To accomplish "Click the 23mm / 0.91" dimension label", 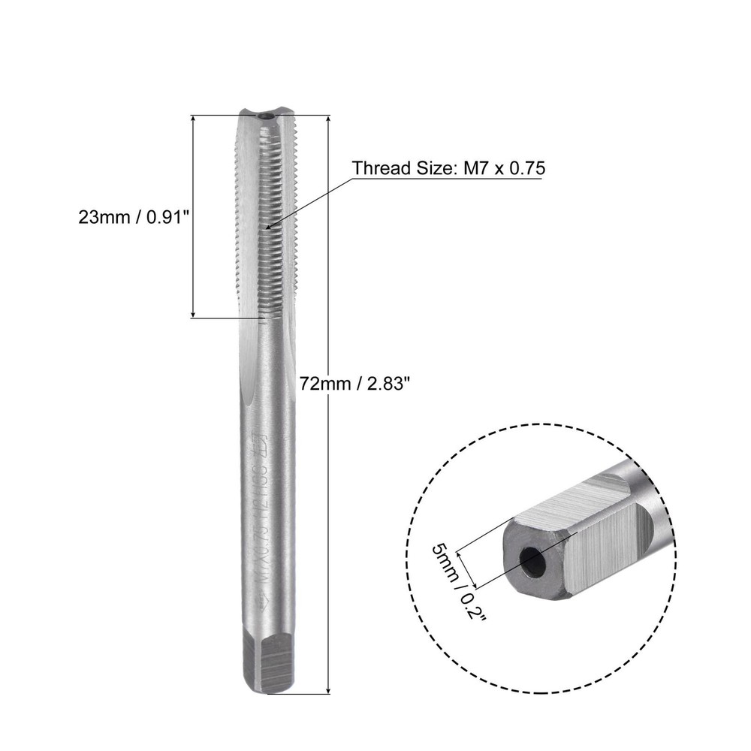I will tap(131, 217).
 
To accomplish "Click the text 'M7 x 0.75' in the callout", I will tap(499, 167).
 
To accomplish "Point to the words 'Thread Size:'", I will tap(401, 167).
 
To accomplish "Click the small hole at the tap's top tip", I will tap(264, 117).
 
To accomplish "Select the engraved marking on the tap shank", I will tap(263, 518).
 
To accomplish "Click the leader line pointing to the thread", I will tap(308, 203).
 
